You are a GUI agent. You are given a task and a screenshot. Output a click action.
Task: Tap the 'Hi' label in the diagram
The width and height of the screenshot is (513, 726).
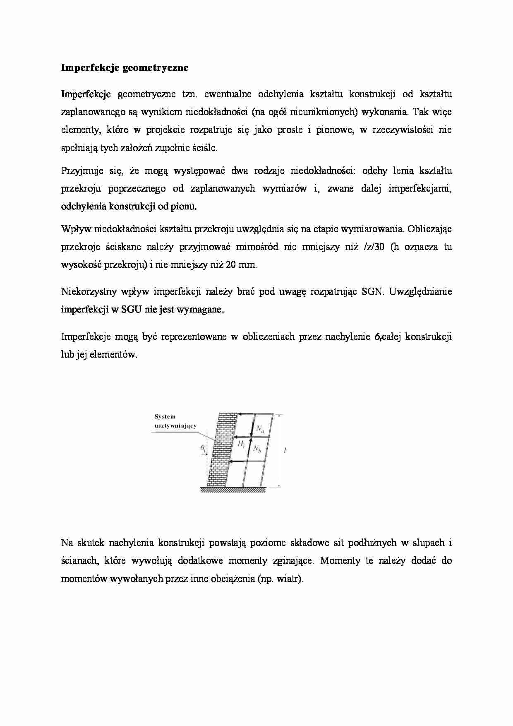241,444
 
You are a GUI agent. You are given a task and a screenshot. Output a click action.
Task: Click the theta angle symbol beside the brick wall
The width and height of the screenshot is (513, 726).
203,448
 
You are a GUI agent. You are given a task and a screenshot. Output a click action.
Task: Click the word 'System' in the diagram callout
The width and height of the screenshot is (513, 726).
165,417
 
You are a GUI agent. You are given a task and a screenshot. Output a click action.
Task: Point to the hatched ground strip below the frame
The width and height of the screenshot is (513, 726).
233,490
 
